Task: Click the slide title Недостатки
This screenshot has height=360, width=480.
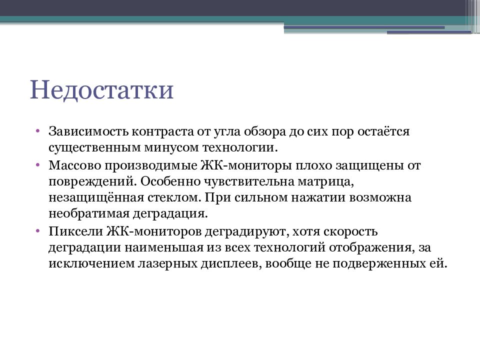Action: pos(101,90)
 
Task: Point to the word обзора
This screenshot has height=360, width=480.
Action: pos(264,132)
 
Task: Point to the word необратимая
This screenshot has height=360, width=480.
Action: pos(88,214)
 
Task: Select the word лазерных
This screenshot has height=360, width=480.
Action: pos(165,264)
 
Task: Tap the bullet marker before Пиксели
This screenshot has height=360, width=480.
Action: pos(38,231)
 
